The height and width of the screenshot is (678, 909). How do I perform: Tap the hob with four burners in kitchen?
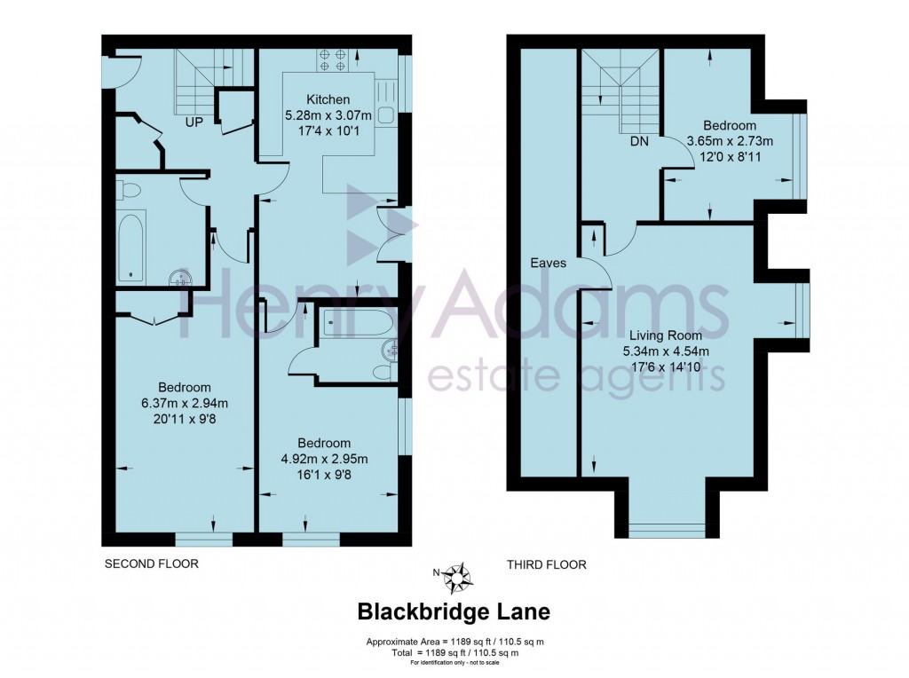(332, 59)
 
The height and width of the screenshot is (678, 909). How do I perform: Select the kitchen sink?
(388, 103)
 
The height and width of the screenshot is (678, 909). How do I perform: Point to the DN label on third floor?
(639, 141)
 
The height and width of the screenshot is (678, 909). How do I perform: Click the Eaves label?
(548, 263)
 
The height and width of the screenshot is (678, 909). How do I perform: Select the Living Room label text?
(665, 335)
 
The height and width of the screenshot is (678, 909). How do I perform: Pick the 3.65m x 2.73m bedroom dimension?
(730, 140)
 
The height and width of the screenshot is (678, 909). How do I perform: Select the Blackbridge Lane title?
(453, 611)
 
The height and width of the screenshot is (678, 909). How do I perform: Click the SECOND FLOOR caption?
(151, 564)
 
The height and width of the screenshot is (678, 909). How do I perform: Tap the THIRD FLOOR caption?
(546, 564)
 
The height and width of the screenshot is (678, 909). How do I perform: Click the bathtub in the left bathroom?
(131, 245)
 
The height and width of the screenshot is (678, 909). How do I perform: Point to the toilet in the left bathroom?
(127, 190)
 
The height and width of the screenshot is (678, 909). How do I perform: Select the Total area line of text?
(454, 652)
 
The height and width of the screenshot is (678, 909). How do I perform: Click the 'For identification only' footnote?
(454, 663)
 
